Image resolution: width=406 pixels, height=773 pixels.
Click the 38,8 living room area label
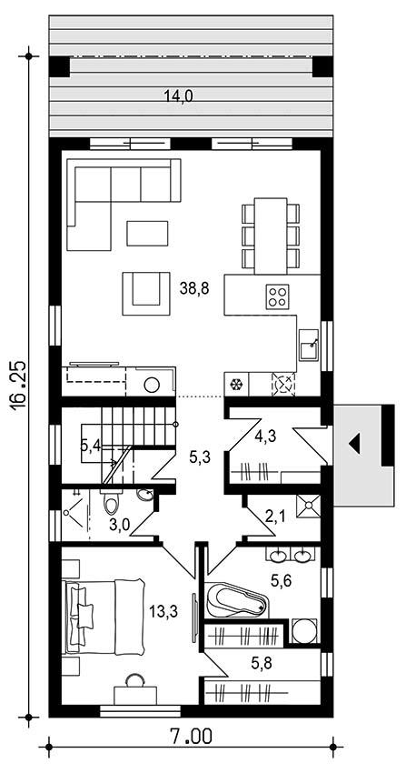194,289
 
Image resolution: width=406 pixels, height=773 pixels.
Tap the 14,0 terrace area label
178,96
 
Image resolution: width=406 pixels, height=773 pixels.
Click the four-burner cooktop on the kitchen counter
278,296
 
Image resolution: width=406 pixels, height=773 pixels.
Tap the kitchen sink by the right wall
309,346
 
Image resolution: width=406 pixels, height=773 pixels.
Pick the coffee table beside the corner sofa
148,233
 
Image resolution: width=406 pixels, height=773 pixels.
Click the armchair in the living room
146,293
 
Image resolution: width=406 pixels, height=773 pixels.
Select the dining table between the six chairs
271,236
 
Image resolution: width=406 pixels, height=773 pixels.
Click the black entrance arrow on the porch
354,443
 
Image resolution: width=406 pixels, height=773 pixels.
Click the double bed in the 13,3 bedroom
104,617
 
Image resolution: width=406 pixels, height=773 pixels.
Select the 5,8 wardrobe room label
262,664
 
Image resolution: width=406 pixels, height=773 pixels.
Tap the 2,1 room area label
274,517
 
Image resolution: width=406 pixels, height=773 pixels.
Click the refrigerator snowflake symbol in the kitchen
237,384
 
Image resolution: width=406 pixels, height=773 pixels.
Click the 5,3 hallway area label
200,457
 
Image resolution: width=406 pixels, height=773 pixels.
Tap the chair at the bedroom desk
134,680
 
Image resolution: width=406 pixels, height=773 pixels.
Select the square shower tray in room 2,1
309,506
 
